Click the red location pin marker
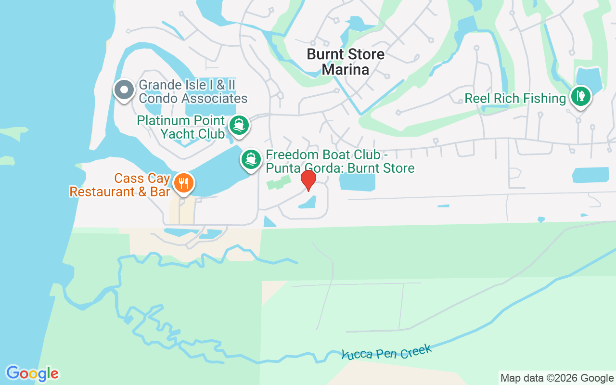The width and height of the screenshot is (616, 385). click(308, 180)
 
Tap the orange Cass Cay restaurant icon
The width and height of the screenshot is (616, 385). click(183, 183)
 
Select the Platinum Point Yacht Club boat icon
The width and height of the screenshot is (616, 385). click(239, 125)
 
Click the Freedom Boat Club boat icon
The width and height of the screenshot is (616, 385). click(250, 159)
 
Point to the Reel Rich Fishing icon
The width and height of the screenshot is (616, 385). click(581, 96)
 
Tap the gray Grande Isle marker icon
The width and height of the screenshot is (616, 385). click(124, 90)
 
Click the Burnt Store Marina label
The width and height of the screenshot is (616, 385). click(346, 62)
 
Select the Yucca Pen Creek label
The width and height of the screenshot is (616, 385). click(386, 352)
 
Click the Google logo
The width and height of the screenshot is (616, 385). click(32, 373)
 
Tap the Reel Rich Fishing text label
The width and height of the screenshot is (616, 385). click(515, 99)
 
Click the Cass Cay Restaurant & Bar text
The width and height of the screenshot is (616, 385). click(119, 185)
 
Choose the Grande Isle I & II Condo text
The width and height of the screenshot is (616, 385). click(192, 92)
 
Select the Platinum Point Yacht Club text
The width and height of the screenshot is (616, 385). click(181, 127)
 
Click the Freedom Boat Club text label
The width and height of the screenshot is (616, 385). click(340, 162)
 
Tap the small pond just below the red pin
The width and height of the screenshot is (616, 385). click(308, 203)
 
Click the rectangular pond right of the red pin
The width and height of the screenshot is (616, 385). click(357, 182)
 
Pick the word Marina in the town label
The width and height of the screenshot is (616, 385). click(346, 69)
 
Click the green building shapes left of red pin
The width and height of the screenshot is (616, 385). click(279, 182)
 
